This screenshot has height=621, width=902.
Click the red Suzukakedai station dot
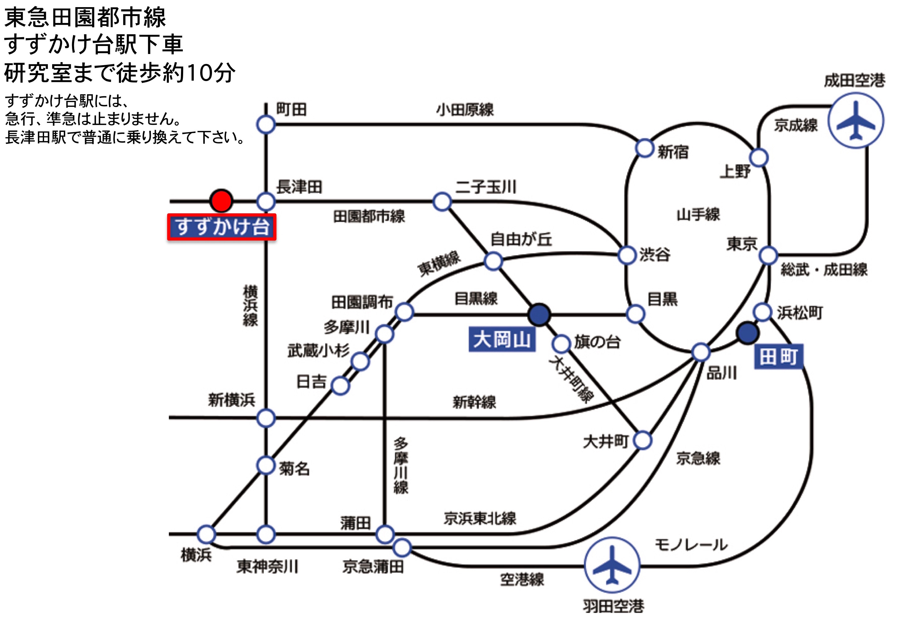[221, 201]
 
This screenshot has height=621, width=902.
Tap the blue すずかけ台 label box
[222, 227]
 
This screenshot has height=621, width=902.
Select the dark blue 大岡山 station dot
[539, 315]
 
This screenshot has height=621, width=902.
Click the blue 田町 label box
[778, 357]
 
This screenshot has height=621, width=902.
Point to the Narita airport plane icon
[856, 120]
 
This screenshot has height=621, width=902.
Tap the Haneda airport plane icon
[612, 565]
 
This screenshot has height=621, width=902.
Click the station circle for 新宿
[644, 148]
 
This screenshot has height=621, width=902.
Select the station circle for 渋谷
[627, 255]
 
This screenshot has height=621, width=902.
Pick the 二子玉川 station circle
[442, 202]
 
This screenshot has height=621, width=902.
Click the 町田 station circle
[266, 125]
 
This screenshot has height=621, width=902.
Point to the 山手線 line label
[698, 214]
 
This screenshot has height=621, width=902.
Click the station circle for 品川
[701, 352]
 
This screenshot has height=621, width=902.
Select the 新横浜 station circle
[266, 418]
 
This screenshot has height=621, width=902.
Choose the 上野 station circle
[759, 158]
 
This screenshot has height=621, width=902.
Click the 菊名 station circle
[266, 465]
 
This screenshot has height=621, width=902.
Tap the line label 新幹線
[474, 402]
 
